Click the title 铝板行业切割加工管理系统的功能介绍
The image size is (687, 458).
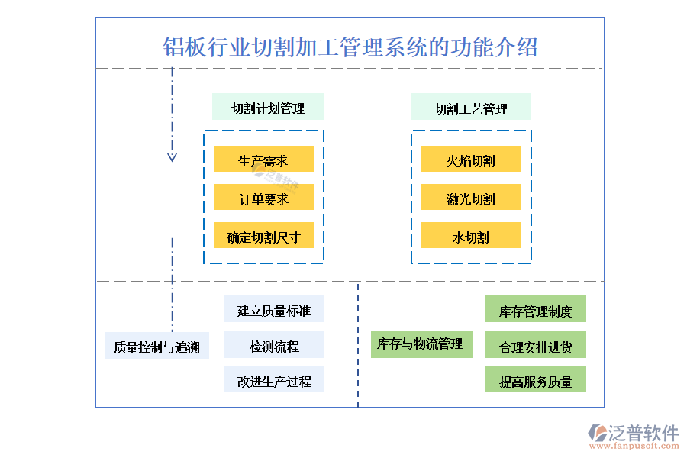(350, 47)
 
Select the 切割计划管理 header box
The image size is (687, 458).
(268, 108)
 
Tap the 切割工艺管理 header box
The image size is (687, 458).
(471, 108)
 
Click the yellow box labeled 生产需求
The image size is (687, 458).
(263, 160)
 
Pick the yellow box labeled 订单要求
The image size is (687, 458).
(263, 198)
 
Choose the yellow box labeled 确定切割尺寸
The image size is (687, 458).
(263, 236)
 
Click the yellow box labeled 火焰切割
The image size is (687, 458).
(471, 160)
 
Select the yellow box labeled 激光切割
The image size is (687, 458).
(471, 198)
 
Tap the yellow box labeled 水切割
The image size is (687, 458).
(471, 236)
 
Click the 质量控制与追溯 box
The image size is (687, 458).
(156, 347)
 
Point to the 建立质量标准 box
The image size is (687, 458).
(274, 309)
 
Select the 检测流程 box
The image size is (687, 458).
(274, 345)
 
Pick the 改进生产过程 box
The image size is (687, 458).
(274, 380)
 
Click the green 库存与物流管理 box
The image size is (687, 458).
(420, 344)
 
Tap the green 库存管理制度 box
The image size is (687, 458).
(536, 310)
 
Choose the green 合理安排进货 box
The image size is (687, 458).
(536, 345)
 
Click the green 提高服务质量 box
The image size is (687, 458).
(536, 380)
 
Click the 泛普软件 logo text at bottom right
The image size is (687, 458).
(643, 433)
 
